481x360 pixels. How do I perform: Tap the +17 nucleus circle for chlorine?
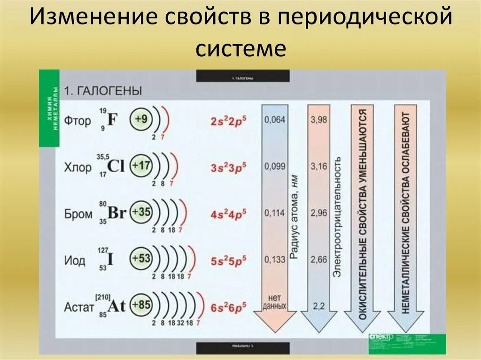141,166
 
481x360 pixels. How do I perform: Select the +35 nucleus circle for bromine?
141,212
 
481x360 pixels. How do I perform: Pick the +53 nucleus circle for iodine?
141,259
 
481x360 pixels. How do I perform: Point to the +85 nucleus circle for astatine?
141,305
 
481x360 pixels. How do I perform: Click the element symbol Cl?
116,166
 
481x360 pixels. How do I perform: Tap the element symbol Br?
116,213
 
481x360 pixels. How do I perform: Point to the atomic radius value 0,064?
275,120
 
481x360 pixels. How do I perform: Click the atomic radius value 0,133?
275,259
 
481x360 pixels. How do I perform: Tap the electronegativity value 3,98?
319,120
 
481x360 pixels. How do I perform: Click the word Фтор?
78,121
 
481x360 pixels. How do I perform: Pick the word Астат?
79,307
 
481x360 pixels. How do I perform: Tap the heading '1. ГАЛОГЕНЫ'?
103,90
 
